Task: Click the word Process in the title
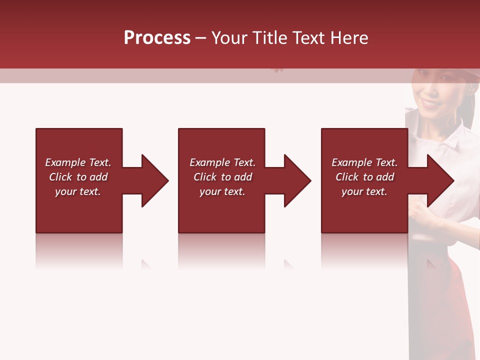[x=157, y=38]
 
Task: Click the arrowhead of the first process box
[x=154, y=180]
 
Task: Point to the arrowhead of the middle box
[x=297, y=180]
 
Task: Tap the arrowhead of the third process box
[x=440, y=180]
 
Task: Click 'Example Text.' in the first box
[x=78, y=162]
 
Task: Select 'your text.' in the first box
[x=78, y=191]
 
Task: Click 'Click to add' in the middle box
[x=222, y=177]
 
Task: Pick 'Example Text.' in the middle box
[x=222, y=162]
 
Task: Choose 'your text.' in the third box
[x=364, y=191]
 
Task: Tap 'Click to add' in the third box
[x=364, y=177]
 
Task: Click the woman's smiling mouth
[x=429, y=103]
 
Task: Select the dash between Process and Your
[x=200, y=38]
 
